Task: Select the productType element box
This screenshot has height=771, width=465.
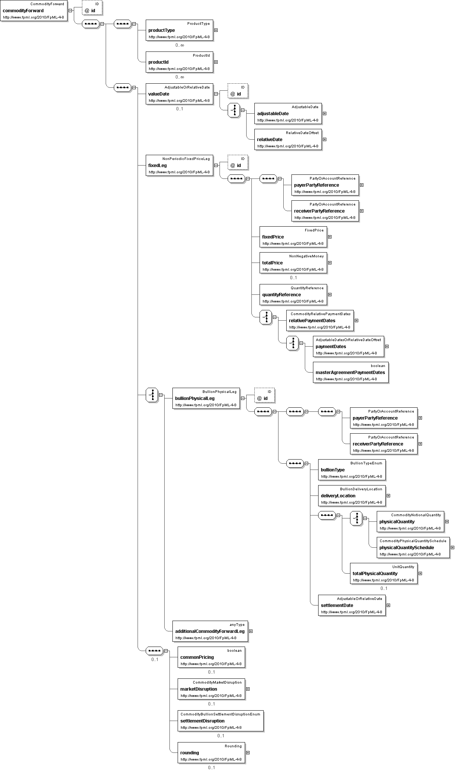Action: tap(179, 30)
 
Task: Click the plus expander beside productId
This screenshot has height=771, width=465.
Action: tap(216, 62)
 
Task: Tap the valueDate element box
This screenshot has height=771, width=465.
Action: tap(179, 94)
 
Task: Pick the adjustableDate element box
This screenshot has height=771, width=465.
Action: tap(288, 114)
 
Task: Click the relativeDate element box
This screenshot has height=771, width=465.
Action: tap(288, 140)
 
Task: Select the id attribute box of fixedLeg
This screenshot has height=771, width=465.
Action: tap(238, 162)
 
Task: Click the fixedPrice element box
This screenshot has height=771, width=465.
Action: tap(293, 237)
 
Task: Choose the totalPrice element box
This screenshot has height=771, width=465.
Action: tap(293, 263)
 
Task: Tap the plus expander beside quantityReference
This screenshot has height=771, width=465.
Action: tap(330, 295)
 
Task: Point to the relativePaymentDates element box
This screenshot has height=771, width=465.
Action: tap(320, 321)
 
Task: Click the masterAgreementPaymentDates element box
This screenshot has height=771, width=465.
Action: tap(351, 373)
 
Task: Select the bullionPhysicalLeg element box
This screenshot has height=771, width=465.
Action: tap(206, 398)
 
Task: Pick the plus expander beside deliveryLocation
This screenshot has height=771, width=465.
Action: tap(388, 496)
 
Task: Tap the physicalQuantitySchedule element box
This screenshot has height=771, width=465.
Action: tap(413, 548)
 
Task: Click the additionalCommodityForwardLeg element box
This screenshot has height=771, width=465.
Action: tap(210, 631)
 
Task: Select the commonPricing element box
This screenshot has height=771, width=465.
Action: tap(211, 657)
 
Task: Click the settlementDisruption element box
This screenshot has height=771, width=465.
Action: tap(221, 721)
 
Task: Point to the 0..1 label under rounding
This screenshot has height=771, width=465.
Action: tap(211, 768)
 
